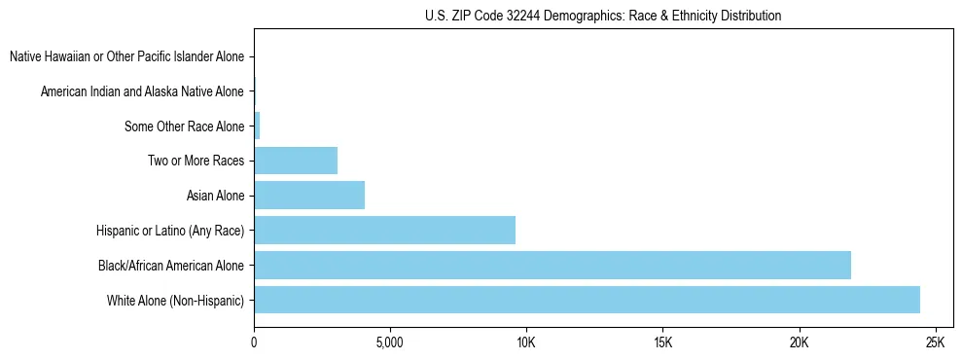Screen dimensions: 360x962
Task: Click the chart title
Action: click(603, 16)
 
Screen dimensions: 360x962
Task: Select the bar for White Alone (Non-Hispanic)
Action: click(587, 300)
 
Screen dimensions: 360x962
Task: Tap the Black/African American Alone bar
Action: click(552, 265)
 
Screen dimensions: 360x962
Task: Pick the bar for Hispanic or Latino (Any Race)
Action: click(384, 230)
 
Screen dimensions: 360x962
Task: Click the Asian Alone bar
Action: click(309, 196)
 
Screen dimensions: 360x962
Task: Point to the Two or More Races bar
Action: click(296, 161)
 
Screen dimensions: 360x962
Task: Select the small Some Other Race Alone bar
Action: click(257, 126)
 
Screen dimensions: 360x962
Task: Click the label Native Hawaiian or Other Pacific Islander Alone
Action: click(127, 56)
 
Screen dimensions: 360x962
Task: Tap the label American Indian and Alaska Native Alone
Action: click(143, 91)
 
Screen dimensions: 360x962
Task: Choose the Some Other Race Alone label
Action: click(185, 126)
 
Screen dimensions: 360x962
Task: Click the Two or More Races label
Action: click(196, 161)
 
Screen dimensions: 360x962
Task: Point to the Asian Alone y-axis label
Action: click(216, 196)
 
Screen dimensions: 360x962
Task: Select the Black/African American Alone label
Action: click(171, 265)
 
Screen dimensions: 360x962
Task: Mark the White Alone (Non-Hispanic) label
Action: click(176, 300)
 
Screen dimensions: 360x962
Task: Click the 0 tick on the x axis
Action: click(254, 343)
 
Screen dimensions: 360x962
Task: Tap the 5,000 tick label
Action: click(389, 343)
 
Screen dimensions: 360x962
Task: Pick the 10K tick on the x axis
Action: click(525, 343)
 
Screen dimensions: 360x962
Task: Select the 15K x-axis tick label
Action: click(662, 343)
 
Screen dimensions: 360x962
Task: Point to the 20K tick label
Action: click(799, 343)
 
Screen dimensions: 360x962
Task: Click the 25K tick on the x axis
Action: click(935, 343)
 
